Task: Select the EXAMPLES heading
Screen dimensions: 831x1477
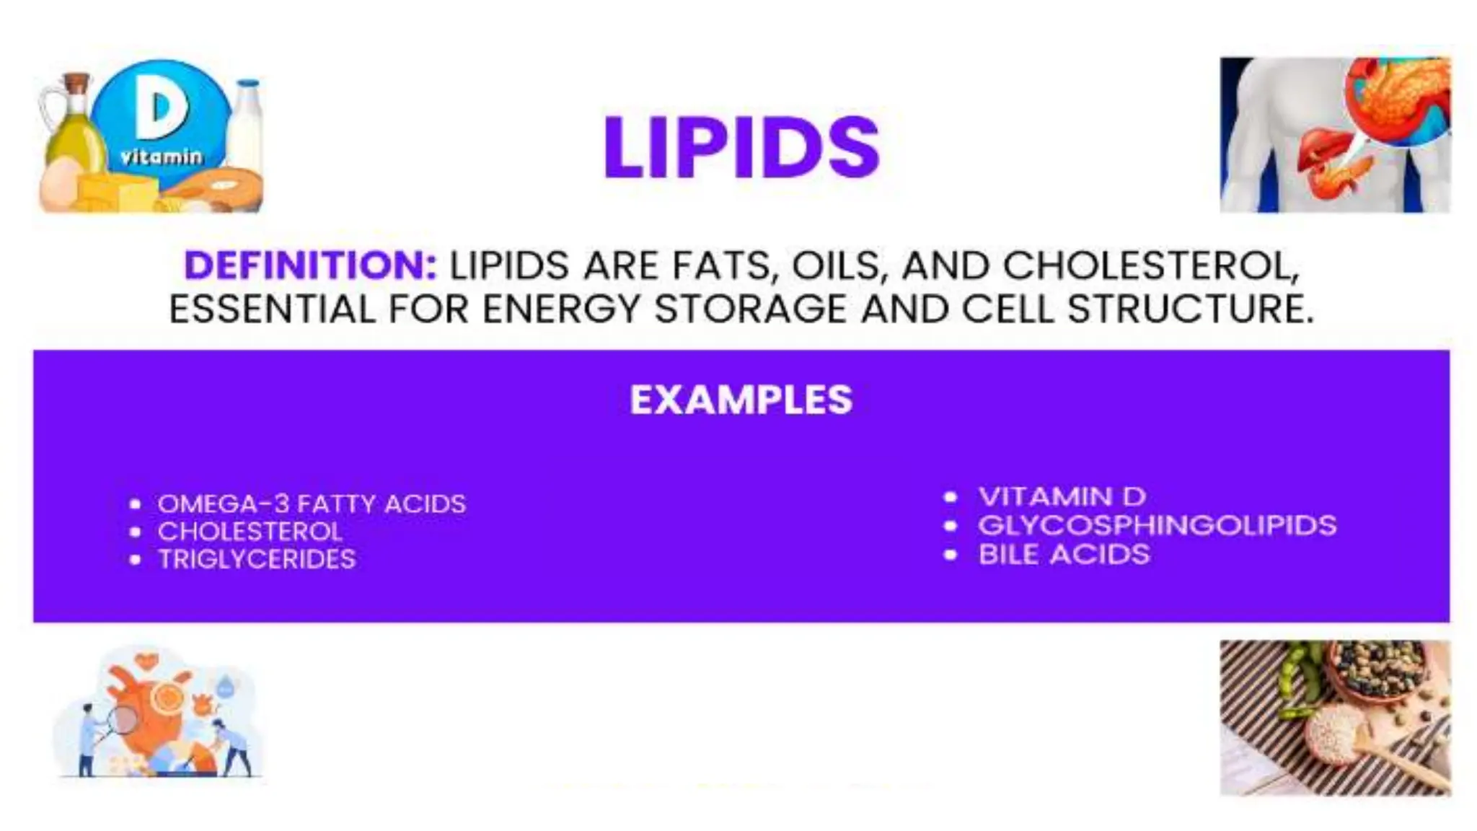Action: [x=741, y=400]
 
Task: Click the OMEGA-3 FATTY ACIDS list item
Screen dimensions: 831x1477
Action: [x=312, y=504]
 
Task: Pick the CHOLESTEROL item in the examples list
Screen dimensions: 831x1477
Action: [x=250, y=532]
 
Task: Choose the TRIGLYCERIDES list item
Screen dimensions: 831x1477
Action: [x=257, y=559]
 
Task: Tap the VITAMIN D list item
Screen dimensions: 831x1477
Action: [x=1062, y=496]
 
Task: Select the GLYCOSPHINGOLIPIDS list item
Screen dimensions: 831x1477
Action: [x=1157, y=525]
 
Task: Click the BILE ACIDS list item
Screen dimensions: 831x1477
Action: [x=1064, y=554]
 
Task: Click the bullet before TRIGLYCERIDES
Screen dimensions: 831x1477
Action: [x=135, y=560]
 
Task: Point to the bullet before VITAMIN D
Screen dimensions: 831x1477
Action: [x=951, y=497]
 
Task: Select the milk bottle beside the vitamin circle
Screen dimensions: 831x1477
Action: [x=246, y=123]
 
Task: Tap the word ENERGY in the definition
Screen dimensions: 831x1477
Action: [x=561, y=309]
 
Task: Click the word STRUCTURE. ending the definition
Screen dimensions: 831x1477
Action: [x=1190, y=309]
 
